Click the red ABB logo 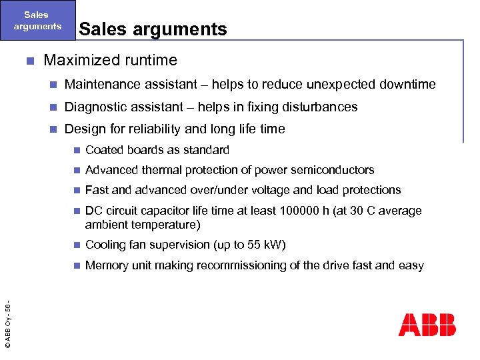pyautogui.click(x=427, y=325)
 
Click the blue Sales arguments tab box pyautogui.click(x=37, y=21)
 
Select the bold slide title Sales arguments pyautogui.click(x=153, y=29)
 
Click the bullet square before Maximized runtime pyautogui.click(x=29, y=61)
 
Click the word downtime pyautogui.click(x=407, y=85)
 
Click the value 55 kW pyautogui.click(x=267, y=245)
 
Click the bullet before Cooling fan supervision pyautogui.click(x=77, y=245)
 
